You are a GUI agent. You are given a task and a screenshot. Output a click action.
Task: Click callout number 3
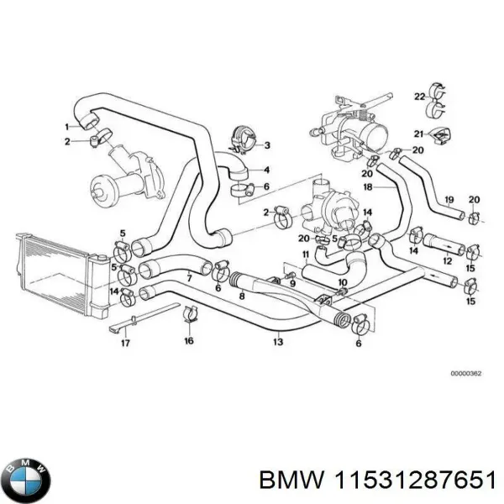266,145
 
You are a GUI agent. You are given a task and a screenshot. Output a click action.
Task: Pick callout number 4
266,168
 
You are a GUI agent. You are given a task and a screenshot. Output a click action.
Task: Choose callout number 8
242,295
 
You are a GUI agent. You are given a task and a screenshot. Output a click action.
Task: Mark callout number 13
277,342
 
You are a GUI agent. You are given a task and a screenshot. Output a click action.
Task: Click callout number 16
189,340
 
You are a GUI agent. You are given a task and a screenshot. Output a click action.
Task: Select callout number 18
366,186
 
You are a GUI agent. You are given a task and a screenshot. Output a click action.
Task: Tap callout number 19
449,199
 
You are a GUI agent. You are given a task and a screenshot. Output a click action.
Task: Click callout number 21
417,134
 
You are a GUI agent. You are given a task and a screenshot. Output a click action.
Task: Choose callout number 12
447,261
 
